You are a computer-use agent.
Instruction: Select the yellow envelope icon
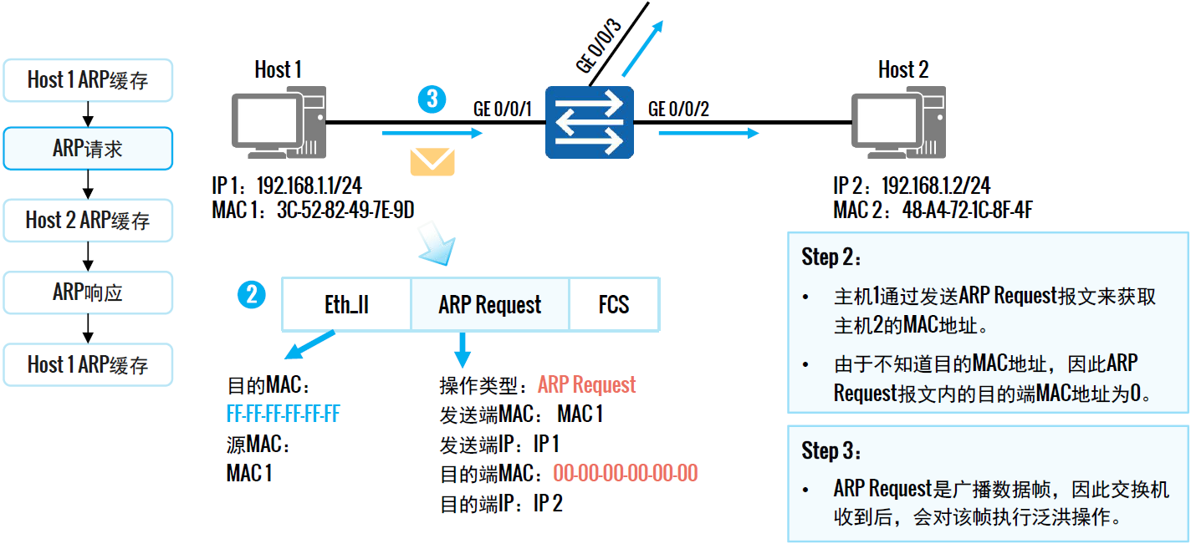click(x=432, y=161)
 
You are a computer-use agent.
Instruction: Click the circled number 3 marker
click(x=431, y=99)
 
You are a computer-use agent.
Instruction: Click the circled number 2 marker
click(x=252, y=294)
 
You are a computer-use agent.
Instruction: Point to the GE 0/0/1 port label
click(x=503, y=109)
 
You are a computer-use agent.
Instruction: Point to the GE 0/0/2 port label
click(x=678, y=109)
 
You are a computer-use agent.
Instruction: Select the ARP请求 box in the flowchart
click(x=88, y=149)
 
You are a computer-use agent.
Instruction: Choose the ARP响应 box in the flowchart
click(x=88, y=292)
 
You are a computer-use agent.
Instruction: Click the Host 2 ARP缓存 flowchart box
click(x=88, y=221)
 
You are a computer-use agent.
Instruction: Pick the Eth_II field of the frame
click(x=346, y=305)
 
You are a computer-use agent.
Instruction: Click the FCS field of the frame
click(x=614, y=305)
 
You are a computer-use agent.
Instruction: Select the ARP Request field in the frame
click(x=490, y=305)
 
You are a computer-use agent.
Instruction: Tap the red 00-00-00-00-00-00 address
click(x=625, y=474)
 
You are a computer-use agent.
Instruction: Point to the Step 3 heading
click(x=831, y=451)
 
